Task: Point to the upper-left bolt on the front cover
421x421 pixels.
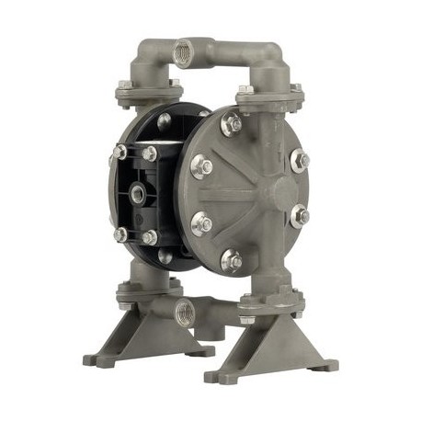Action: (201, 166)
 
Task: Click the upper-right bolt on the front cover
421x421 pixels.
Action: (300, 160)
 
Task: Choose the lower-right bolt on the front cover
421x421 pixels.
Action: (299, 218)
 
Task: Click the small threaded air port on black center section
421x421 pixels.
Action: (138, 193)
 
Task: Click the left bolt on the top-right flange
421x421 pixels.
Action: (245, 91)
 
